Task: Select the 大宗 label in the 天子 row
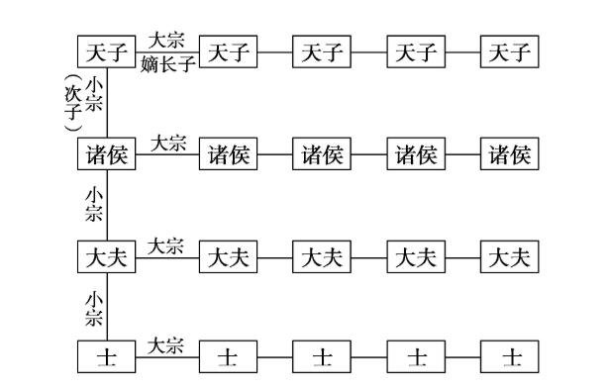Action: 166,42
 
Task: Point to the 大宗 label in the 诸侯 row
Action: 166,144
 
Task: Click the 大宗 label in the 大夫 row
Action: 166,245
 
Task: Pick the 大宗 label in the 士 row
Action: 166,345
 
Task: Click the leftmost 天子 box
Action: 106,51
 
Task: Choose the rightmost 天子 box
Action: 510,51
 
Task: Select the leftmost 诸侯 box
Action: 106,154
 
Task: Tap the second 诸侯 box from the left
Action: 228,154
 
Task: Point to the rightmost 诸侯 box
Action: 510,154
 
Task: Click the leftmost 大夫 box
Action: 106,257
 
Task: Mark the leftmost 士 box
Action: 106,356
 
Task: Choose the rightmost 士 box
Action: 510,356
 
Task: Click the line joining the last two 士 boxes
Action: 463,356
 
